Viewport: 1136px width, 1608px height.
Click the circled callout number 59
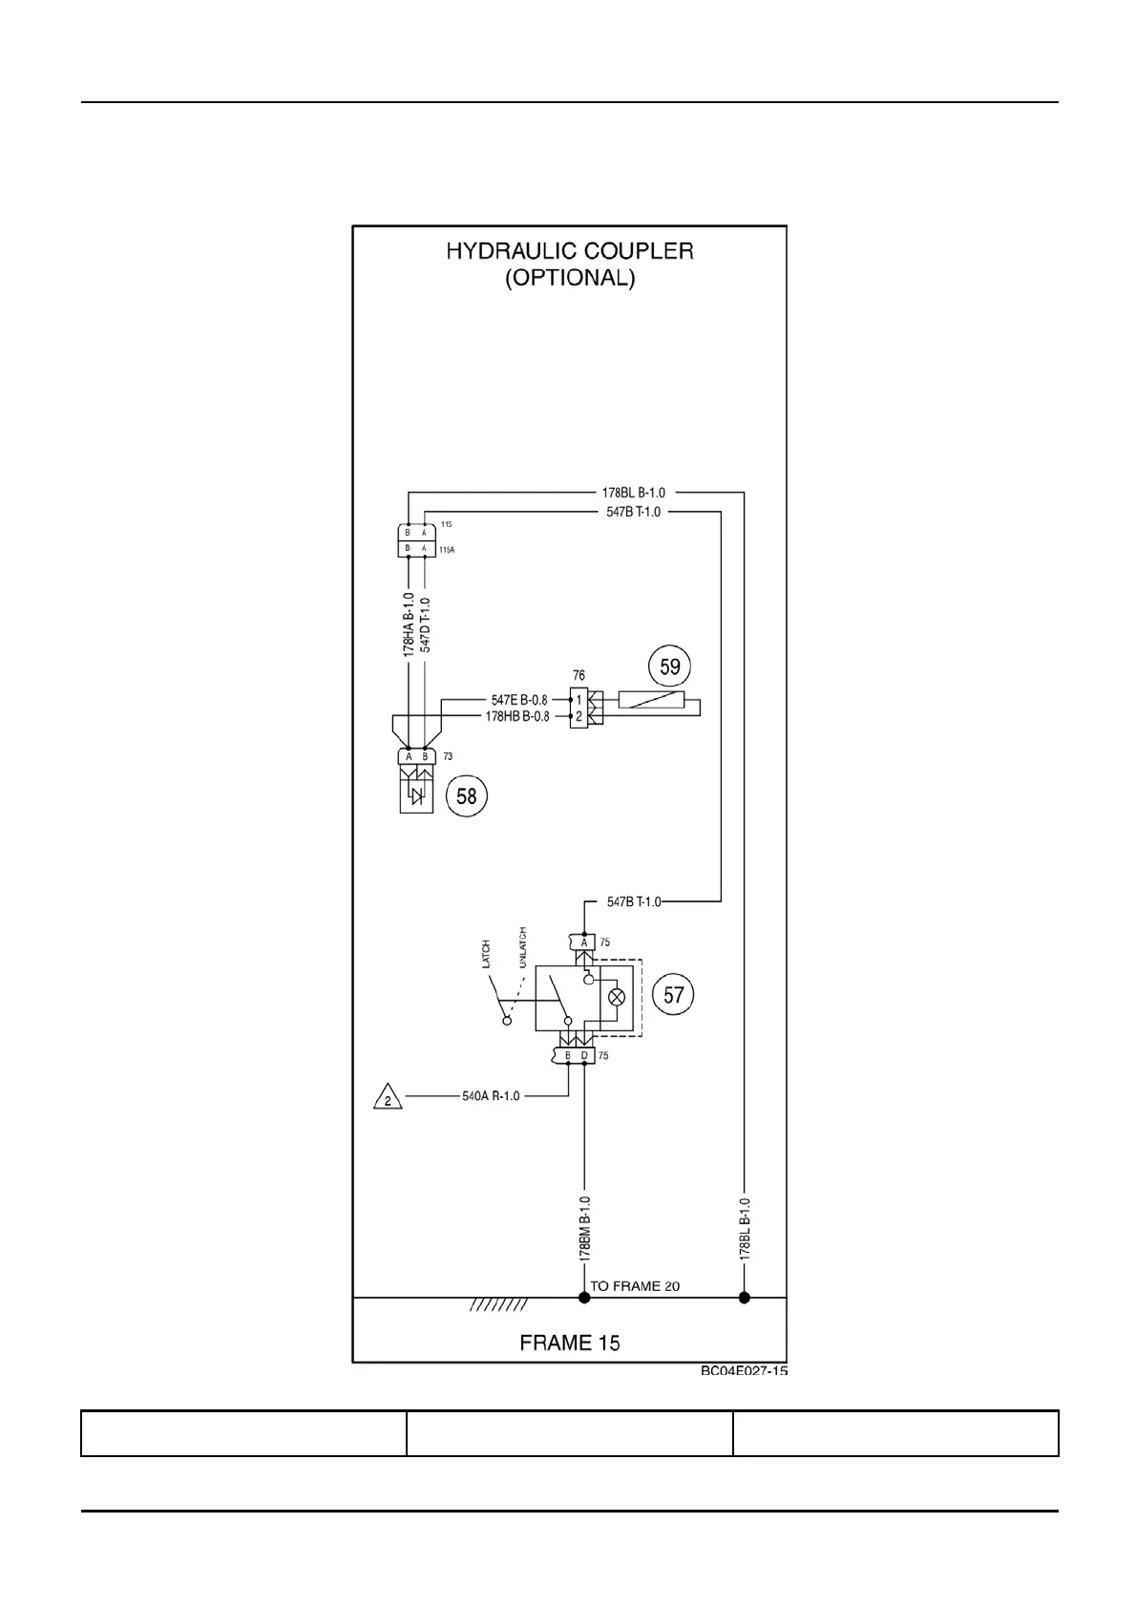point(669,666)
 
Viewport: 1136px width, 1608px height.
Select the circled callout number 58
point(466,794)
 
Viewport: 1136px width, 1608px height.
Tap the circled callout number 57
point(674,996)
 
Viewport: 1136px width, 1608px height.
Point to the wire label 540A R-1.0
point(491,1096)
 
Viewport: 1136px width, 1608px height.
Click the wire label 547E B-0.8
point(519,700)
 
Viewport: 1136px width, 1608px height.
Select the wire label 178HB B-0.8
point(517,716)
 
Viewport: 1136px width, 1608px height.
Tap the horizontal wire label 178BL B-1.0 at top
point(633,493)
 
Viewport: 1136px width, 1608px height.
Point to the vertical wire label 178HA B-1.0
point(409,624)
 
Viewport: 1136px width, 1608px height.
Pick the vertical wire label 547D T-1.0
point(426,625)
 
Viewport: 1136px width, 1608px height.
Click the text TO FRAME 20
point(635,1286)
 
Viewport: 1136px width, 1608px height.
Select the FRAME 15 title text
point(570,1343)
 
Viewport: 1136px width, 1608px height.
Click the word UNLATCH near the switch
point(521,947)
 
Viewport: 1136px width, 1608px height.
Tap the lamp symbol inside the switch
point(617,997)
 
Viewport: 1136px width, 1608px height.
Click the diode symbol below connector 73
point(416,796)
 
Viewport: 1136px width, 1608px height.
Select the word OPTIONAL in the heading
point(569,279)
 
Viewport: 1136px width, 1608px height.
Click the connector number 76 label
point(579,676)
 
